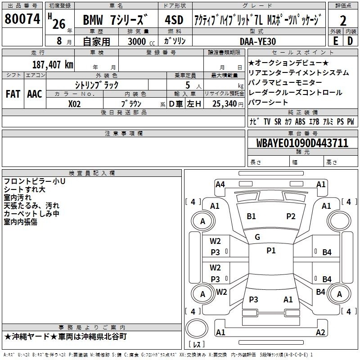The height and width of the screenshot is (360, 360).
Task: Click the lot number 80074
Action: pyautogui.click(x=22, y=19)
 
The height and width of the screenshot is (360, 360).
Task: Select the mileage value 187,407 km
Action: pyautogui.click(x=53, y=64)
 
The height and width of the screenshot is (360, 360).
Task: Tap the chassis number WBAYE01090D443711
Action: pyautogui.click(x=302, y=143)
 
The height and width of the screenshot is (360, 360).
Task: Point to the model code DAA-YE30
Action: pyautogui.click(x=258, y=41)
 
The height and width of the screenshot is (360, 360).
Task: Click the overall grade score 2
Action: pyautogui.click(x=343, y=21)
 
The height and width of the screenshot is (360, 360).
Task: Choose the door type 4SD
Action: pyautogui.click(x=174, y=20)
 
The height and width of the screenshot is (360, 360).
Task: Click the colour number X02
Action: pyautogui.click(x=74, y=104)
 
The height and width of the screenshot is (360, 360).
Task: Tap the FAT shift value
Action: pyautogui.click(x=13, y=94)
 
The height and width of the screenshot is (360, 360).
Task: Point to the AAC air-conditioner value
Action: pyautogui.click(x=35, y=94)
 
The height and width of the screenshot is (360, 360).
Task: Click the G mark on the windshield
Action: pyautogui.click(x=257, y=237)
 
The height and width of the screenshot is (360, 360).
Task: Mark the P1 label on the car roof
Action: pyautogui.click(x=271, y=251)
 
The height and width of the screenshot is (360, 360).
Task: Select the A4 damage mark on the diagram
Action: pyautogui.click(x=220, y=184)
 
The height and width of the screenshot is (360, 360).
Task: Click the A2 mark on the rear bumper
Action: pyautogui.click(x=320, y=332)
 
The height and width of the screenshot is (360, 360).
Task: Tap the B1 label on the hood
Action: pyautogui.click(x=251, y=216)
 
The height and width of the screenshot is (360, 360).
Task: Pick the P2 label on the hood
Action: pyautogui.click(x=291, y=216)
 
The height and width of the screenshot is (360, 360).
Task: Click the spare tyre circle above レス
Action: pyautogui.click(x=197, y=328)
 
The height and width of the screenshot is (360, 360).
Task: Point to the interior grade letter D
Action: pyautogui.click(x=350, y=41)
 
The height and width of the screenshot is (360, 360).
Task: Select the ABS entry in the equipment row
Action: pyautogui.click(x=300, y=121)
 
